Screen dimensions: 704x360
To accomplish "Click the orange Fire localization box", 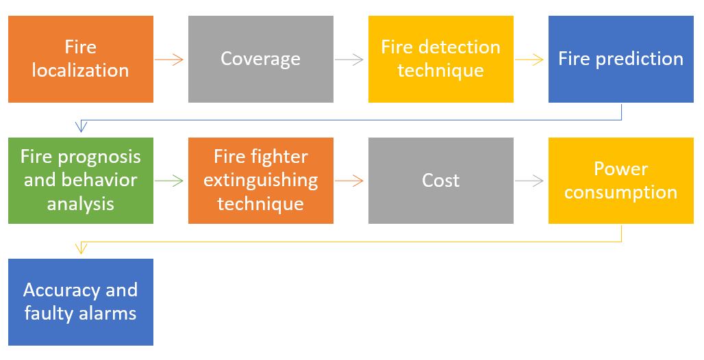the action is click(81, 59).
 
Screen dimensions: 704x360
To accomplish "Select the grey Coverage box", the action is click(261, 59).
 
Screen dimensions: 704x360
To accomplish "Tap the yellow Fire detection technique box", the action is click(441, 59).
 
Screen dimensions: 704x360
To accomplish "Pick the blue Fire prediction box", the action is click(621, 59).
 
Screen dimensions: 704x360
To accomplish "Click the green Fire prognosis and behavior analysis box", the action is click(81, 181).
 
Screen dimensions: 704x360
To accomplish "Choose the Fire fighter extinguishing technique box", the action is click(261, 181).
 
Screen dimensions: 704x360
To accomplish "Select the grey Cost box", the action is click(441, 181).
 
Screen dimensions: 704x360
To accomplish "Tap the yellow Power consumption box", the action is click(621, 181).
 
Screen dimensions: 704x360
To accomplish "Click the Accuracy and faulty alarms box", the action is click(81, 302).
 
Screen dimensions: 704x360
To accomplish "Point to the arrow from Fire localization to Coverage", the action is click(169, 60).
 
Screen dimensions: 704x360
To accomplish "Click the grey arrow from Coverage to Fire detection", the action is click(349, 60).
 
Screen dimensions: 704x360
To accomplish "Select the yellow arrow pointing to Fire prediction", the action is click(529, 60).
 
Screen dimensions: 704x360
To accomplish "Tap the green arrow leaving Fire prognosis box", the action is click(169, 181).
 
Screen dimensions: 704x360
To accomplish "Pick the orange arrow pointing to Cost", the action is click(349, 181).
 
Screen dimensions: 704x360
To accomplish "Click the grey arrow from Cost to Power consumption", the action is click(529, 181).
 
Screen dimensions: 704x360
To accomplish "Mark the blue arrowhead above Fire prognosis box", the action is click(81, 127).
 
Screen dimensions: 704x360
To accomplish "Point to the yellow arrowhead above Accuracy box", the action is click(81, 248).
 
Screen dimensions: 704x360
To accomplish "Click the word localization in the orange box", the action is click(80, 70).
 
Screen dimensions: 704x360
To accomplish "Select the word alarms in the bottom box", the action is click(108, 313).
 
